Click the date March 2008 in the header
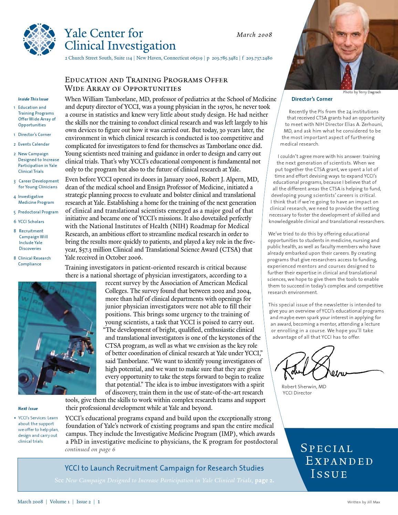click(254, 35)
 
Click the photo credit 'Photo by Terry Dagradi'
click(362, 92)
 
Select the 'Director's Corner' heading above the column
click(312, 99)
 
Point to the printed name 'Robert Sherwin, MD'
click(304, 387)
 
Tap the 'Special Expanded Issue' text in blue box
click(336, 461)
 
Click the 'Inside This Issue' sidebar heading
click(33, 99)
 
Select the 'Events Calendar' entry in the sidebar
click(34, 144)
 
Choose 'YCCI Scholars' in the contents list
click(31, 222)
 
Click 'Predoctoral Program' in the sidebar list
click(38, 212)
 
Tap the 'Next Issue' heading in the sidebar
click(28, 409)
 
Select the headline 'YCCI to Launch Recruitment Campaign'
click(164, 468)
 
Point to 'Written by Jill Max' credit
click(364, 502)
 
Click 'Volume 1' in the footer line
click(60, 502)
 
